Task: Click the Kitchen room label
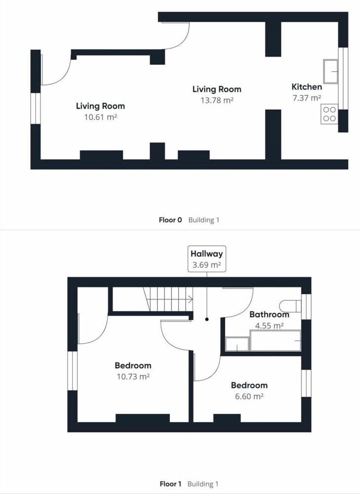click(x=307, y=87)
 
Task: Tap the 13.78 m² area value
click(x=217, y=100)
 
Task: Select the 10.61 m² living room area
click(x=100, y=117)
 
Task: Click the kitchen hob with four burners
click(x=329, y=114)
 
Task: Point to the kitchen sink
click(x=331, y=72)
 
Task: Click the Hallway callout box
click(x=206, y=259)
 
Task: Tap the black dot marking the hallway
click(x=207, y=319)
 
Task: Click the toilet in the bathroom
click(x=290, y=306)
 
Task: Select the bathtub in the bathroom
click(x=275, y=340)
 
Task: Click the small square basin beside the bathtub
click(x=237, y=344)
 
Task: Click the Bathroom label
click(x=269, y=314)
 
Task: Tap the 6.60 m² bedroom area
click(x=249, y=396)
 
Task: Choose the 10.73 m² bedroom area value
click(x=133, y=376)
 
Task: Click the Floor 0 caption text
click(x=170, y=220)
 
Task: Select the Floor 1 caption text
click(x=170, y=484)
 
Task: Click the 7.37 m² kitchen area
click(x=307, y=98)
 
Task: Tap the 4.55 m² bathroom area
click(x=269, y=326)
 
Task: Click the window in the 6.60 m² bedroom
click(x=306, y=383)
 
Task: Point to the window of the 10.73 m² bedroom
click(x=73, y=371)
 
